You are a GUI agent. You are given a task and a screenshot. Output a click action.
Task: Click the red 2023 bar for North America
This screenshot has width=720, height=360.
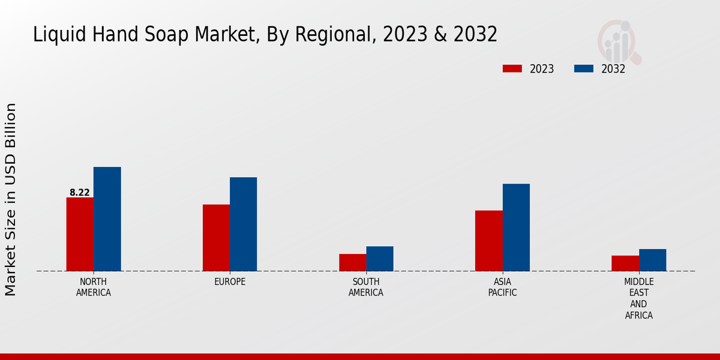click(80, 234)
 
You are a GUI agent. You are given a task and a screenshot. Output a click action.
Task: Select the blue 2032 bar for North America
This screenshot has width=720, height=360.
click(107, 219)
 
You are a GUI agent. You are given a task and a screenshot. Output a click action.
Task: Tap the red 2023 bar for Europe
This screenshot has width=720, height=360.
click(216, 238)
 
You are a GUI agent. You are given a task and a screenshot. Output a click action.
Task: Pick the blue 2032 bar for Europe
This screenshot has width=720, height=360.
click(243, 224)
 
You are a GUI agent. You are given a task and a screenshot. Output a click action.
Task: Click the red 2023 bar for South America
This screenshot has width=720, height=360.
click(352, 262)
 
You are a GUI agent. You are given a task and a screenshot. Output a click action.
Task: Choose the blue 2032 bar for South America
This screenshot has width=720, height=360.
click(380, 259)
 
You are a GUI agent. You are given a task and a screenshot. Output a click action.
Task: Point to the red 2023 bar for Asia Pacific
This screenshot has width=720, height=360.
click(488, 241)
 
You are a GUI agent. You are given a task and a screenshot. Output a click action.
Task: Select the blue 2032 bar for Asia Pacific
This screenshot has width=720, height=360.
click(516, 227)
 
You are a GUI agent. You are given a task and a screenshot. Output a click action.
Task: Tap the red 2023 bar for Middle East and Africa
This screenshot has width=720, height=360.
click(625, 263)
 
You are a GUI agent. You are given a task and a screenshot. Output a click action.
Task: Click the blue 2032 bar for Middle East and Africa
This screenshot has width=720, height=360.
click(652, 260)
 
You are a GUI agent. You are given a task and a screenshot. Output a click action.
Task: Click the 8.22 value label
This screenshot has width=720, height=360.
click(80, 193)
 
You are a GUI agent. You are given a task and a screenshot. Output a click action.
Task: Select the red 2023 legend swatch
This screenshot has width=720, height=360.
click(512, 68)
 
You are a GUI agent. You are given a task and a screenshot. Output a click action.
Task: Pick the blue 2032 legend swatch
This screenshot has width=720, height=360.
click(584, 68)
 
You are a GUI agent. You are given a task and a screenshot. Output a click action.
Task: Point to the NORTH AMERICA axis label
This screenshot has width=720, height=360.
click(94, 287)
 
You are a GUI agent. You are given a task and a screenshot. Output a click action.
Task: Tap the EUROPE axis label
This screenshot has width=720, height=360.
click(230, 282)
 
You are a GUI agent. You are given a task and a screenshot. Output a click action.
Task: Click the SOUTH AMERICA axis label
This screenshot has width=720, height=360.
click(366, 287)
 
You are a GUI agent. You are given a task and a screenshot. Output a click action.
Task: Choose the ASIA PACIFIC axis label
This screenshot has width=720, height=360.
click(502, 287)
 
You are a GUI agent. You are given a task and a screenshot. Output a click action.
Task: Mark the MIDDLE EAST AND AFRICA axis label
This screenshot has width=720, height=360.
click(639, 298)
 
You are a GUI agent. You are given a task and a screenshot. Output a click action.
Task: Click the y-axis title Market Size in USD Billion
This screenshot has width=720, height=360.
click(11, 199)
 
